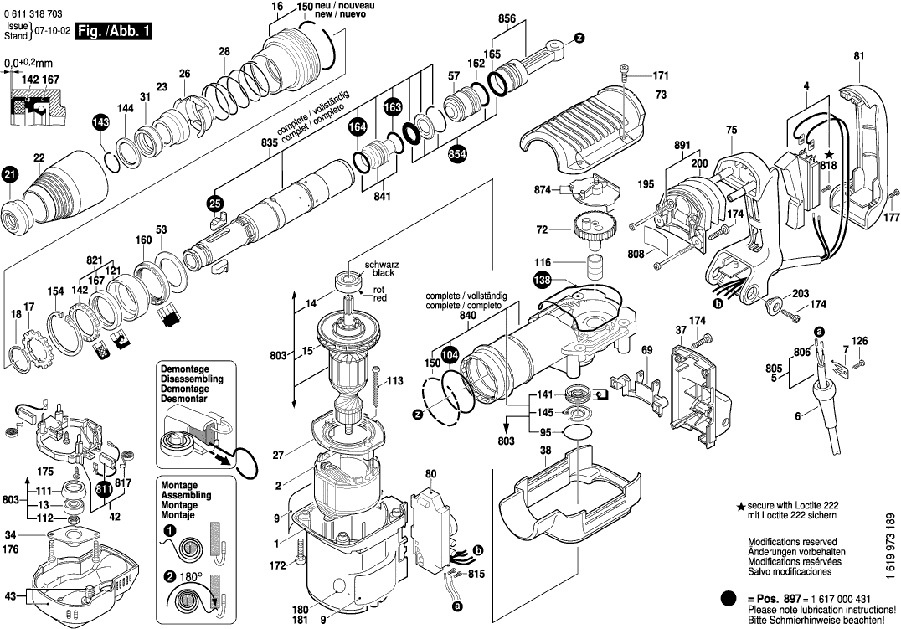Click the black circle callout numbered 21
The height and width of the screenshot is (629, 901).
click(x=9, y=174)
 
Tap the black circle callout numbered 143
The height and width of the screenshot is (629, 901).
click(x=100, y=123)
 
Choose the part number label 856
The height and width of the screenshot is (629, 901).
click(x=507, y=18)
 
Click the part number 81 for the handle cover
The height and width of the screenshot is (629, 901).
click(x=858, y=56)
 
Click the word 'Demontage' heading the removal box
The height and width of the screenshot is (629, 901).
click(x=184, y=369)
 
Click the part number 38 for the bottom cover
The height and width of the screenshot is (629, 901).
click(x=545, y=450)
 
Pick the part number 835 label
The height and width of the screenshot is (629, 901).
click(x=269, y=143)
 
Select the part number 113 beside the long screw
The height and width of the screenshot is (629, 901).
click(x=394, y=381)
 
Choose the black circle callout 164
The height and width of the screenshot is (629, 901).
click(x=358, y=126)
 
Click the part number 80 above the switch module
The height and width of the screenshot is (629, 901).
click(x=431, y=473)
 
